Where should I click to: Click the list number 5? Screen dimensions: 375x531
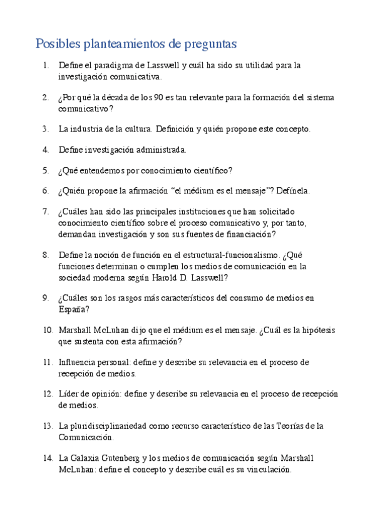coord(46,170)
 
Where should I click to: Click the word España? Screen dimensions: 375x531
coord(71,309)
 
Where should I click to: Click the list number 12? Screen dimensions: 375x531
coord(48,394)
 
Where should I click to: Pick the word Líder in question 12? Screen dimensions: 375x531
coord(69,394)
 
